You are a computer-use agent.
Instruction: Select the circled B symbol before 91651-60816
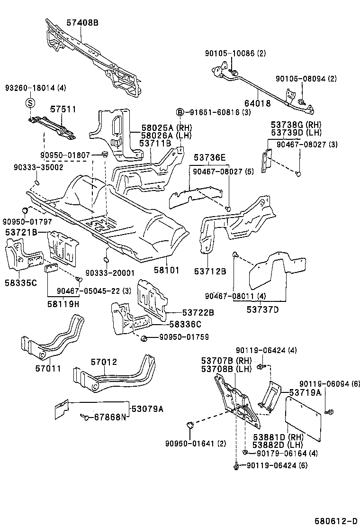[x=180, y=112]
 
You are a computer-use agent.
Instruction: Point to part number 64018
[x=257, y=102]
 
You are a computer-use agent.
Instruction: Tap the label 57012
[x=104, y=362]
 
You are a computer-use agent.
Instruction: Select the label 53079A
[x=147, y=409]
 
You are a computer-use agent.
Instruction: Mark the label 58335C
[x=20, y=283]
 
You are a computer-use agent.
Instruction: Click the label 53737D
[x=262, y=309]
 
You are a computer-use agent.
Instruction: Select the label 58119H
[x=63, y=304]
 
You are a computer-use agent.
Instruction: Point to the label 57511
[x=63, y=109]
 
